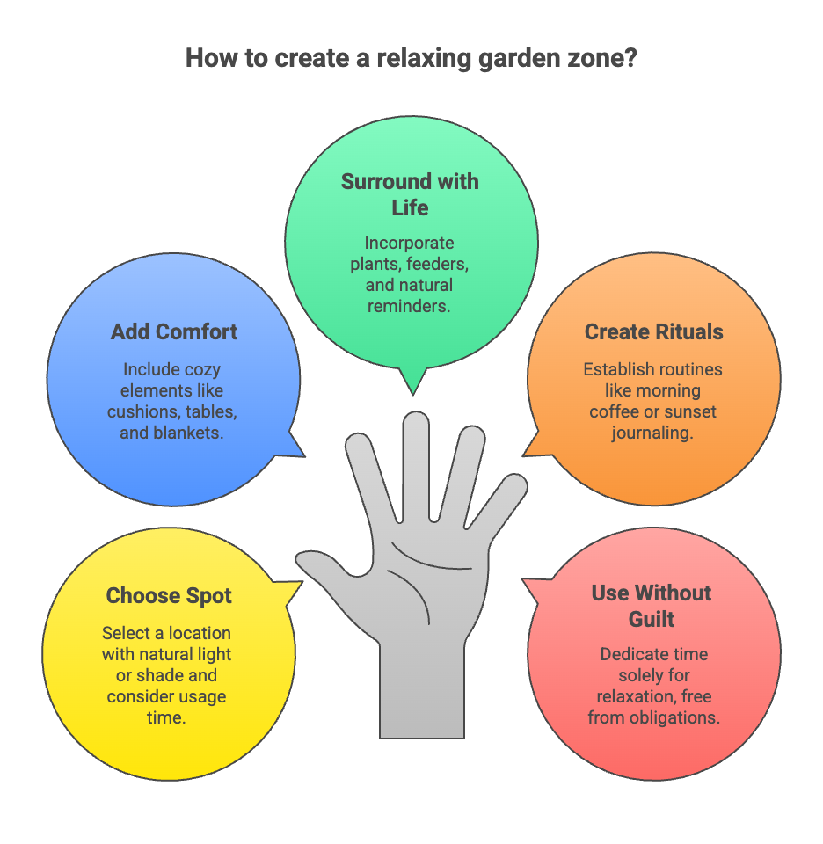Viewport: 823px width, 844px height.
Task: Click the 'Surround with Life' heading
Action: (410, 194)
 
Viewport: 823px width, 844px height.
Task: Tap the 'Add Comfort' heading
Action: (174, 332)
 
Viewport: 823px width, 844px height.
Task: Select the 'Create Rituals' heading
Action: (653, 332)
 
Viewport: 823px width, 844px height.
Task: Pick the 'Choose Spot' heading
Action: (169, 596)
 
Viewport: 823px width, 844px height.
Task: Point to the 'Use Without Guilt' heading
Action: (652, 606)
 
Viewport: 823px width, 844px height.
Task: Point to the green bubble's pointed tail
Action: (411, 387)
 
